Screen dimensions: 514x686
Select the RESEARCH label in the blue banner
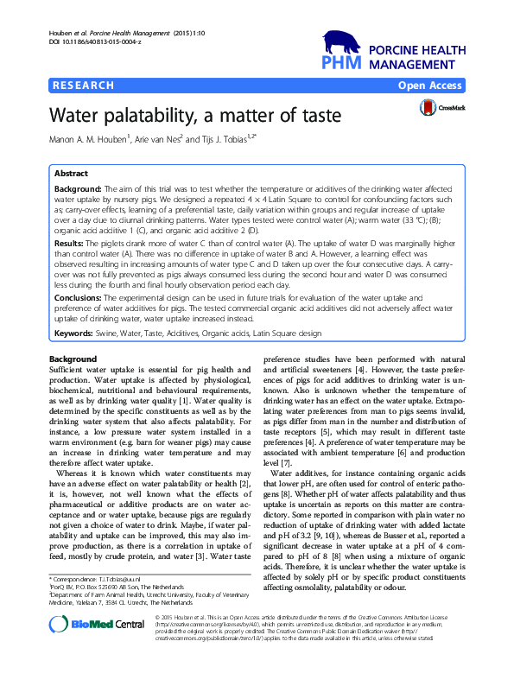click(84, 86)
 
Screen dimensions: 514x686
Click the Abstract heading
click(71, 173)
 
